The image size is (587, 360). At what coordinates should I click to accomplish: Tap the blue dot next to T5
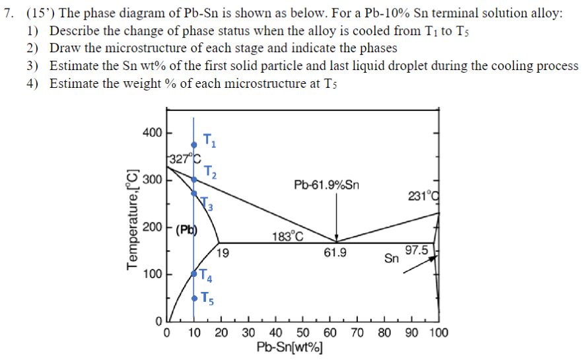(x=194, y=299)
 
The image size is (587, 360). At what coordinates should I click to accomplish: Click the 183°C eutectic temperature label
(x=287, y=236)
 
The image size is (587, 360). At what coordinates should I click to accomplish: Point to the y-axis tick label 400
(x=152, y=132)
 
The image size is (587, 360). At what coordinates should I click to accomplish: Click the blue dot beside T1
(x=194, y=145)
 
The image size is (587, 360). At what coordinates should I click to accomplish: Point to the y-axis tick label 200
(x=152, y=227)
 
